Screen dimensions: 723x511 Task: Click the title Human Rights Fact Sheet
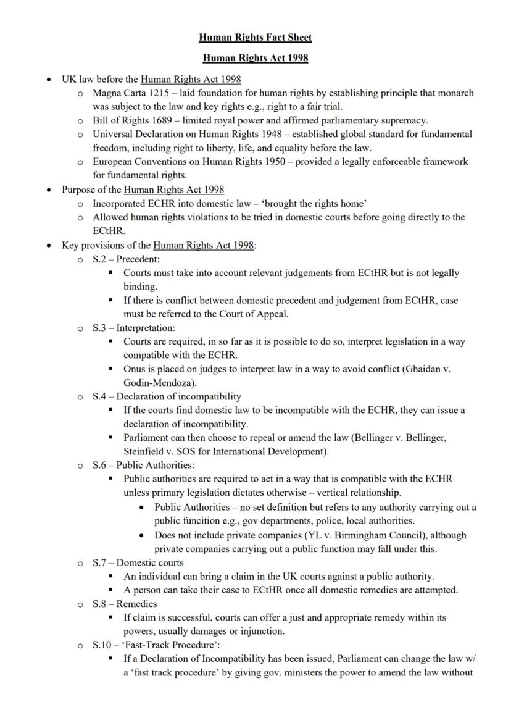(255, 38)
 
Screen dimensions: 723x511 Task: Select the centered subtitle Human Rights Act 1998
(255, 59)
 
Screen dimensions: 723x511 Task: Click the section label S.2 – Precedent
(126, 259)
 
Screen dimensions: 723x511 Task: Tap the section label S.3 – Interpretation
(134, 328)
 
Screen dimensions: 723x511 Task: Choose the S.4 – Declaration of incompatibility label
(167, 396)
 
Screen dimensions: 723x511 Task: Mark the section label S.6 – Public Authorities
(143, 465)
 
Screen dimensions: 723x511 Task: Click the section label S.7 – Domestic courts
(138, 562)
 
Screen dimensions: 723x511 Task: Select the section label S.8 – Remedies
(125, 604)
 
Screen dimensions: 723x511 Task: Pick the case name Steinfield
(145, 451)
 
